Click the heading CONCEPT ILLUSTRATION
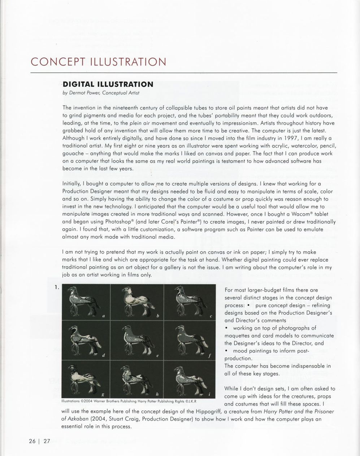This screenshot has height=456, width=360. [98, 62]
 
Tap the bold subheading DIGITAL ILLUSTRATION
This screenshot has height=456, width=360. [108, 84]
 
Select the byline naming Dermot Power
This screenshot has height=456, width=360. [101, 93]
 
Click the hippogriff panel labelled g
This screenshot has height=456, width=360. [86, 378]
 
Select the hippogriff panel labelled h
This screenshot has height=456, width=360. [137, 378]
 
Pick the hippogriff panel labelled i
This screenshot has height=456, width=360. [189, 378]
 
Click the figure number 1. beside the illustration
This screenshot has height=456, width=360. [57, 288]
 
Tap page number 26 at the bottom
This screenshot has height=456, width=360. [32, 441]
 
